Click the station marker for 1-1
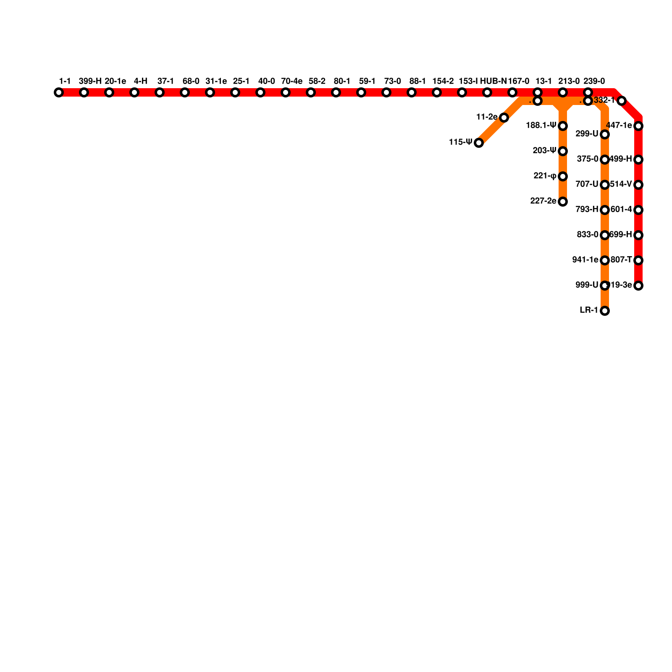pos(59,92)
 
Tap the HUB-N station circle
pos(487,92)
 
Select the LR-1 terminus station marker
pos(605,311)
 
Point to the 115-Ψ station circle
pos(479,143)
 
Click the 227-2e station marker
pos(563,202)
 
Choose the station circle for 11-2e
pos(504,118)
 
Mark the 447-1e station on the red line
pos(638,126)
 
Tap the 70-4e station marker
pos(286,92)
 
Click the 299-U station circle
pos(605,134)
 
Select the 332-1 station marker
pos(622,101)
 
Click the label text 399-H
pos(90,81)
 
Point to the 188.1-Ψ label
pos(541,125)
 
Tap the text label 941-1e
pos(585,260)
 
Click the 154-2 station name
pos(443,81)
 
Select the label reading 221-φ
pos(545,176)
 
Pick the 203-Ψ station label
pos(544,150)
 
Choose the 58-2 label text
pos(317,81)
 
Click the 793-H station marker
pos(605,210)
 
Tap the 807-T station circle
pos(638,260)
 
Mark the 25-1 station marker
pos(235,92)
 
